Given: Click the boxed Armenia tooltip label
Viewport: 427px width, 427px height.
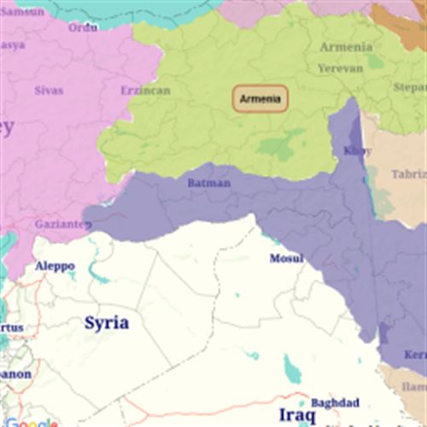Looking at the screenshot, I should point(260,99).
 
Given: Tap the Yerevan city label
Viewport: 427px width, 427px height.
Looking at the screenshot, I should point(340,67).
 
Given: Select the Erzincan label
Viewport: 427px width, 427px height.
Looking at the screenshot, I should point(145,91).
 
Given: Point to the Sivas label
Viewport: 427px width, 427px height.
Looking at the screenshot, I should point(49,89).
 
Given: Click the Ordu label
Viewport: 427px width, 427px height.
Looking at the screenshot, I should point(83,27).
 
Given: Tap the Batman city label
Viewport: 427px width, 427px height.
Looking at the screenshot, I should point(208,183).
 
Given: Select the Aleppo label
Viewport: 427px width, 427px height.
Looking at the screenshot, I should point(55,266).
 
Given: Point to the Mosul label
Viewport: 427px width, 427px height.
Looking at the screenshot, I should point(286,259).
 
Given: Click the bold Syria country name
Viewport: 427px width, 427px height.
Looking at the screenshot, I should point(107,323).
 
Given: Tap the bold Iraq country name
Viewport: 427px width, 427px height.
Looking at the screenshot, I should point(297,415).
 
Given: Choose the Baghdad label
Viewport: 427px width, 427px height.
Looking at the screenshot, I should point(335,402).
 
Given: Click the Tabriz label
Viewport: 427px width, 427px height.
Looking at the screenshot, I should point(408,174).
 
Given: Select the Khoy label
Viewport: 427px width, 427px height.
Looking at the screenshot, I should point(357,151).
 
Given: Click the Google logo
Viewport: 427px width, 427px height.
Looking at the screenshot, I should point(31,423).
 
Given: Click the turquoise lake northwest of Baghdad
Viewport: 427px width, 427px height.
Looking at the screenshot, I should point(291,369).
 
